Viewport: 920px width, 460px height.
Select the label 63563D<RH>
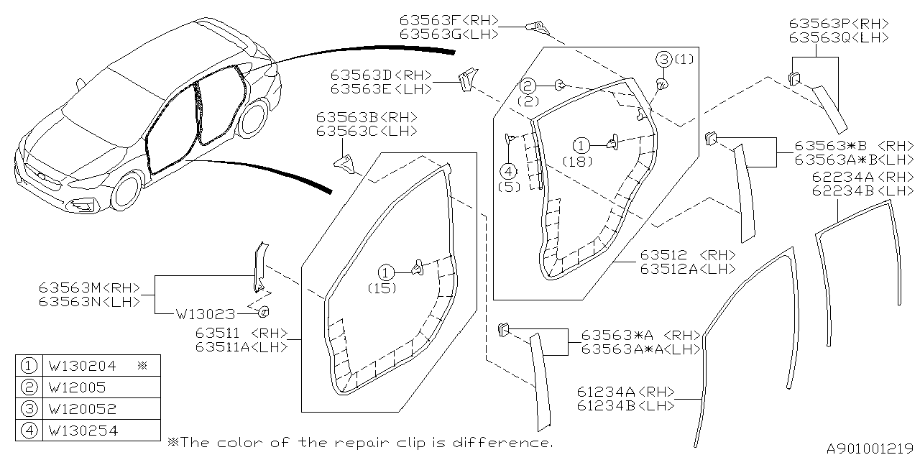pyautogui.click(x=381, y=75)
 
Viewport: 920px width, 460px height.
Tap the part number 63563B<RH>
pyautogui.click(x=366, y=117)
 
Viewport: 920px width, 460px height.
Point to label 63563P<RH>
pyautogui.click(x=838, y=23)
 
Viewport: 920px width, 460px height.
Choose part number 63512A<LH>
pyautogui.click(x=688, y=269)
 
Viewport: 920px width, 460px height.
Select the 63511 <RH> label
pyautogui.click(x=241, y=333)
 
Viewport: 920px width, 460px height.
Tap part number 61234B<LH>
pyautogui.click(x=625, y=405)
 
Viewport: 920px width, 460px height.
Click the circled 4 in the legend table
pyautogui.click(x=29, y=431)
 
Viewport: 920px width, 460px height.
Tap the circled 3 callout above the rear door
pyautogui.click(x=663, y=59)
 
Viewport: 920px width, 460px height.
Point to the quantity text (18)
pyautogui.click(x=578, y=161)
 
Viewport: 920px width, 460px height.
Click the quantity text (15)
pyautogui.click(x=384, y=287)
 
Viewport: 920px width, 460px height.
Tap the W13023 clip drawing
pyautogui.click(x=263, y=311)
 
